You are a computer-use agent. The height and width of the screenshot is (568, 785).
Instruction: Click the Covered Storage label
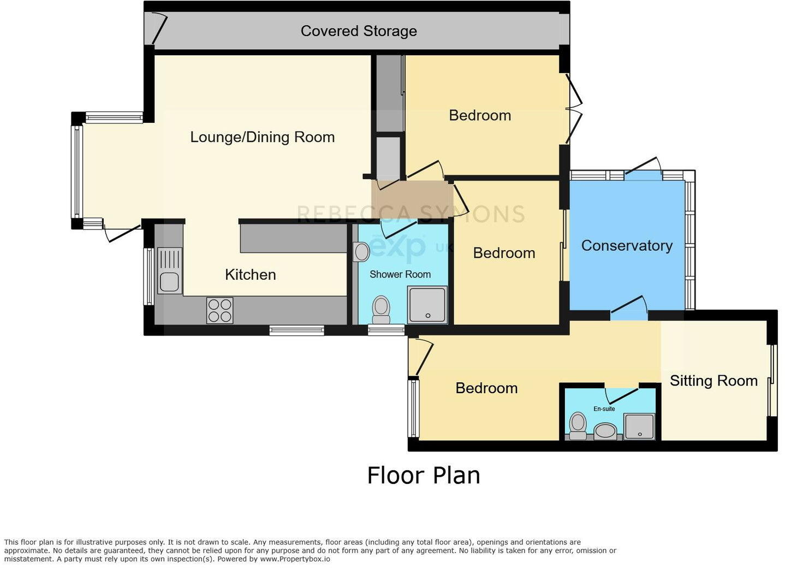(359, 31)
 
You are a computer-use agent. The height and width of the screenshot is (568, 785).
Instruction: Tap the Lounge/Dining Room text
(262, 137)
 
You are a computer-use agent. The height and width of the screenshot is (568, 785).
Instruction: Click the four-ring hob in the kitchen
(219, 310)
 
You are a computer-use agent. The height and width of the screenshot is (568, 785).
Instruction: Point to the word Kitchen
(250, 275)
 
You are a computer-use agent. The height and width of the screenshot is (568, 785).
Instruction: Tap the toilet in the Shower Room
(380, 310)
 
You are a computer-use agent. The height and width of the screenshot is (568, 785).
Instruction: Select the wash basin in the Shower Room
(361, 252)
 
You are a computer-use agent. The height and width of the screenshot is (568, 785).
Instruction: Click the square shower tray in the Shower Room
(427, 305)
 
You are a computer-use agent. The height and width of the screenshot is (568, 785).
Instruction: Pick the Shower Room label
(400, 275)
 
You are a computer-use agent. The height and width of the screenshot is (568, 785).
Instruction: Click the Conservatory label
(626, 246)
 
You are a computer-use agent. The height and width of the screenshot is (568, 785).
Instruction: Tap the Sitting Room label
(713, 381)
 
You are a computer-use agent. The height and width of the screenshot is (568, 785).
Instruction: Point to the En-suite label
(604, 409)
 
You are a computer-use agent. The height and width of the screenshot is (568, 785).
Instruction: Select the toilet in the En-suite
(578, 425)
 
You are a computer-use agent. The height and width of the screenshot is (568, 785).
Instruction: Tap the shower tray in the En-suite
(639, 427)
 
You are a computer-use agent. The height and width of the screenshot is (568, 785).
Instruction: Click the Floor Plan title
(423, 475)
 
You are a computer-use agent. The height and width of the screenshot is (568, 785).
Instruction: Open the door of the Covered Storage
(159, 28)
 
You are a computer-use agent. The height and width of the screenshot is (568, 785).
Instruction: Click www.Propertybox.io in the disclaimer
(295, 559)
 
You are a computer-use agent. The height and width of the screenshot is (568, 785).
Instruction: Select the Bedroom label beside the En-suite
(486, 388)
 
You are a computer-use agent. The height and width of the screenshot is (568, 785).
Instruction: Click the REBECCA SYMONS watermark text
(411, 214)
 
